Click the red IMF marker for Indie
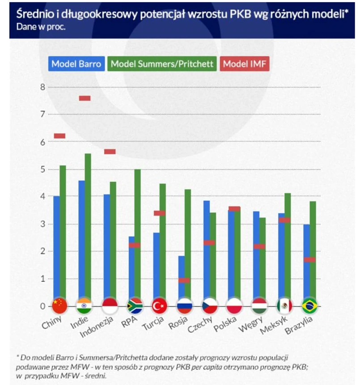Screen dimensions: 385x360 pyautogui.click(x=85, y=98)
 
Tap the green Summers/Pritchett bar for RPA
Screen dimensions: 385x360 pyautogui.click(x=138, y=233)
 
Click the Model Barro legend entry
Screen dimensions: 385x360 pyautogui.click(x=76, y=63)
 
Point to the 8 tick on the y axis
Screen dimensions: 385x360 pyautogui.click(x=43, y=87)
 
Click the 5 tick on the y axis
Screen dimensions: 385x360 pyautogui.click(x=43, y=169)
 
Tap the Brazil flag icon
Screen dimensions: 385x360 pyautogui.click(x=309, y=306)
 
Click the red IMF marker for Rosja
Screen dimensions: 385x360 pyautogui.click(x=184, y=280)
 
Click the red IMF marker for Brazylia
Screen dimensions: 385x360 pyautogui.click(x=309, y=259)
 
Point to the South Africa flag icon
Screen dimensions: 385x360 pyautogui.click(x=135, y=306)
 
